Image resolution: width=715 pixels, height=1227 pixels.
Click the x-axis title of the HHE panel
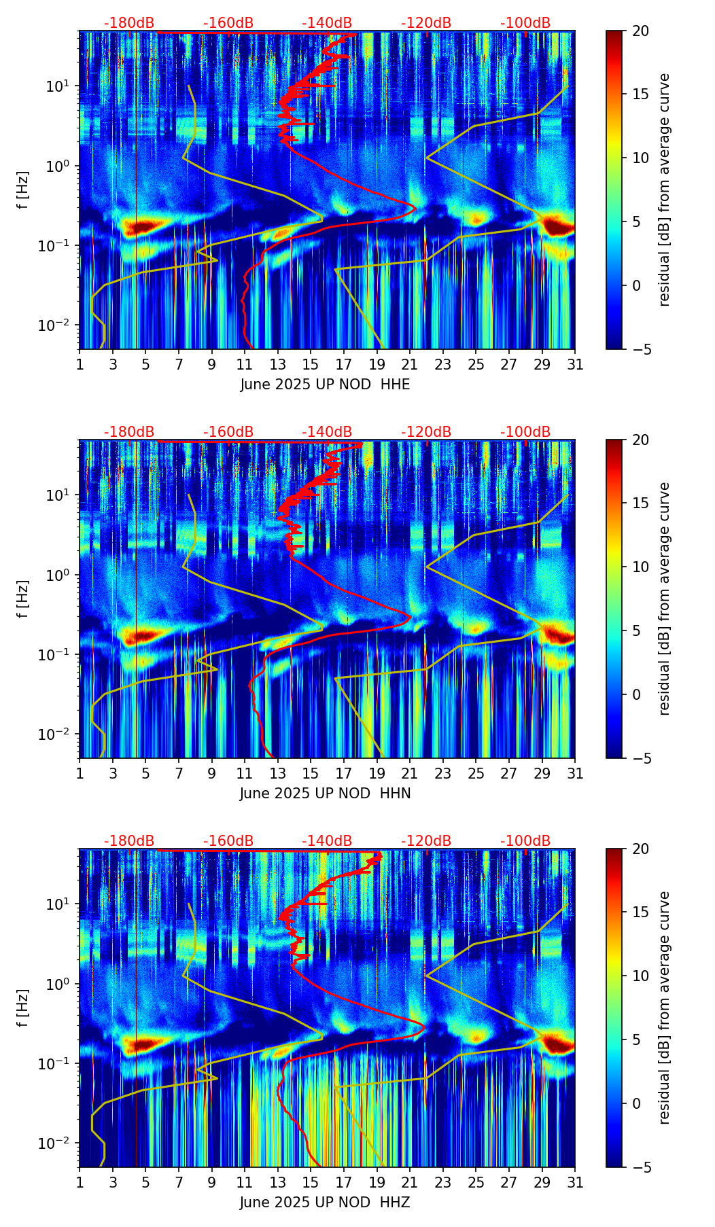click(325, 385)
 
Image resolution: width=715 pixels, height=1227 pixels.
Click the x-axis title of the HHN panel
click(325, 794)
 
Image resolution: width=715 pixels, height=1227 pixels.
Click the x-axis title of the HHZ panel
click(325, 1203)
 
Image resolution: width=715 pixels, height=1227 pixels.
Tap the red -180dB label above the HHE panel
click(129, 23)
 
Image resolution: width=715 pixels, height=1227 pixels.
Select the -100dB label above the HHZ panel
click(525, 841)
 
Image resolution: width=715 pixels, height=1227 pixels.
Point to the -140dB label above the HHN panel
click(327, 432)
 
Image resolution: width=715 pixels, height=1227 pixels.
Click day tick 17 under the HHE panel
click(344, 364)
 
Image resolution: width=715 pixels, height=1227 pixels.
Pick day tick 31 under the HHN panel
click(575, 773)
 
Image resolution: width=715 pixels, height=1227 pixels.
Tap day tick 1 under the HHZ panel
click(80, 1182)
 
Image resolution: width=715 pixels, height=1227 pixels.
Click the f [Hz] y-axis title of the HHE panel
click(23, 190)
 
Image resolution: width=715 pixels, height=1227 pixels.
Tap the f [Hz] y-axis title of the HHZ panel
click(23, 1008)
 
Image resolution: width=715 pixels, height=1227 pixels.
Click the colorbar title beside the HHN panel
click(664, 599)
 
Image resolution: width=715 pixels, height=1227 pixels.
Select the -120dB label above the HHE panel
click(426, 23)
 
